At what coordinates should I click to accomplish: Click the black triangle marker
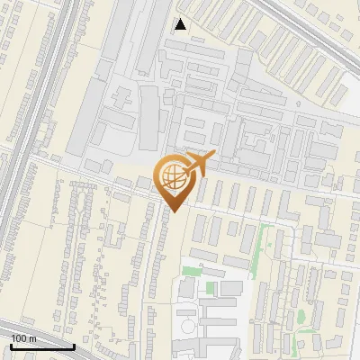(181, 24)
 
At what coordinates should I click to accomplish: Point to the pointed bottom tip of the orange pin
(173, 211)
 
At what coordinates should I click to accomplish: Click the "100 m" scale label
(23, 337)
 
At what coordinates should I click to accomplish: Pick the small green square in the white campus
(211, 288)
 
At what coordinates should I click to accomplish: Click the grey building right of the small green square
(230, 288)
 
